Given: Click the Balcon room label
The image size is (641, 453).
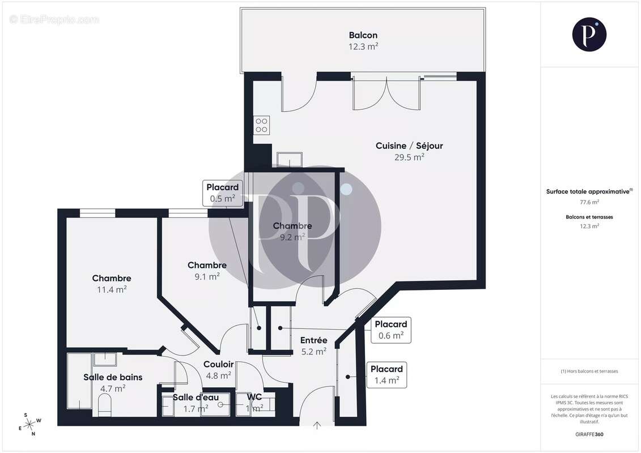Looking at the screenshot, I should click(x=363, y=35).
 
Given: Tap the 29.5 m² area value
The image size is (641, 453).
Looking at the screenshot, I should click(x=409, y=157).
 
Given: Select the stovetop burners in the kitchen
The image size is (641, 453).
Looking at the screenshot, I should click(x=261, y=125).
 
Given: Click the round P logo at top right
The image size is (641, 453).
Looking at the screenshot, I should click(x=589, y=34).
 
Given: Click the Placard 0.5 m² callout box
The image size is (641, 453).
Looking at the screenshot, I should click(x=222, y=193).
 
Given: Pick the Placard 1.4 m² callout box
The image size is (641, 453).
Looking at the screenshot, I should click(x=387, y=374).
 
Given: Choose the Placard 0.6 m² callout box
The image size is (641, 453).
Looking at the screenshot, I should click(x=390, y=330).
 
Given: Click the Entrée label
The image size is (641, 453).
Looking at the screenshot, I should click(x=313, y=340).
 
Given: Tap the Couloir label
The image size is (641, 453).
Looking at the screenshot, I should click(x=218, y=364).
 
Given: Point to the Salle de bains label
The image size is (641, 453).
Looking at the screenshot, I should click(x=113, y=377).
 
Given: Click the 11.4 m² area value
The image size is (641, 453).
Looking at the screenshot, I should click(x=112, y=289).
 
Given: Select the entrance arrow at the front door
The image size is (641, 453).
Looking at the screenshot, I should click(x=316, y=424).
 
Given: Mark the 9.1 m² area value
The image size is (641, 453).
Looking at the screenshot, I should click(x=207, y=276).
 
